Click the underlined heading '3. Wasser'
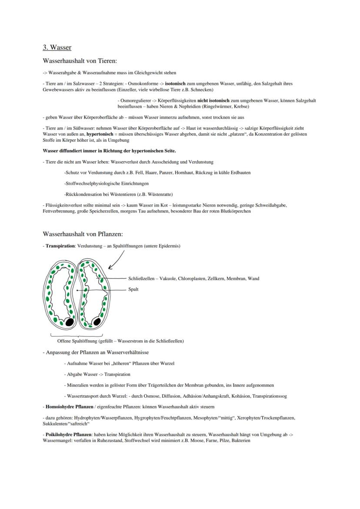(57, 47)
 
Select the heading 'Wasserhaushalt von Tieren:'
(80, 61)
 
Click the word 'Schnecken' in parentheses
(201, 90)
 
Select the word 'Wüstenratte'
(153, 194)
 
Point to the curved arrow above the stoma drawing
(116, 260)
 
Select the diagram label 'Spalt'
(133, 289)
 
